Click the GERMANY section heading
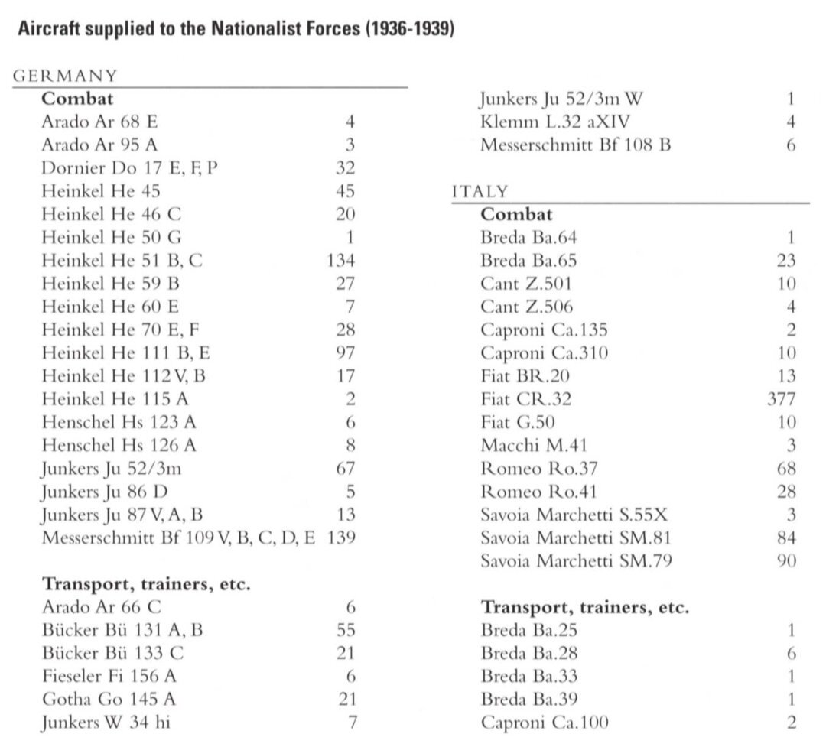(x=66, y=75)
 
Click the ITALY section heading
(x=480, y=191)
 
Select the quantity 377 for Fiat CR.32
(x=781, y=398)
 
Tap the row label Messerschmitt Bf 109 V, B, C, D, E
(x=178, y=537)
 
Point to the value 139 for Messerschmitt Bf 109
(x=340, y=537)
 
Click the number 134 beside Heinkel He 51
(x=340, y=260)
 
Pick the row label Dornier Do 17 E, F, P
(x=129, y=167)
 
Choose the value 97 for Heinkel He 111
(x=345, y=352)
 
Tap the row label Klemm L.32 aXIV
(x=556, y=122)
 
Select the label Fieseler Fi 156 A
(x=112, y=676)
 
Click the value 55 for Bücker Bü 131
(x=346, y=630)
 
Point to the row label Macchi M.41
(x=534, y=445)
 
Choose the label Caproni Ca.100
(x=545, y=722)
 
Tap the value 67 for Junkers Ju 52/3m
(x=346, y=468)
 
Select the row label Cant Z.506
(x=526, y=307)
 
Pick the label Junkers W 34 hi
(x=106, y=722)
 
